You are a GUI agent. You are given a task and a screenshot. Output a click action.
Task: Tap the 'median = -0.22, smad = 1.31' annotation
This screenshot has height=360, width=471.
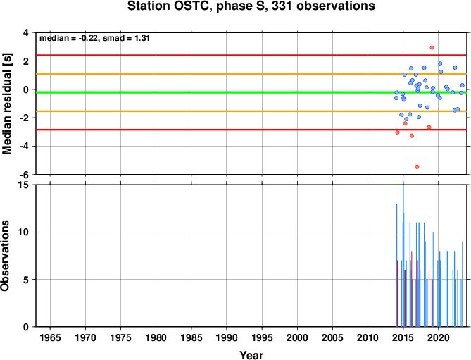pos(94,38)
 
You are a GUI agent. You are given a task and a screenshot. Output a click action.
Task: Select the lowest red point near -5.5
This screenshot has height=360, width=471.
pos(417,167)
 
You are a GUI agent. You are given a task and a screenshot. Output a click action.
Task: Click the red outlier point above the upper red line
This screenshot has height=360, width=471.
pos(432,47)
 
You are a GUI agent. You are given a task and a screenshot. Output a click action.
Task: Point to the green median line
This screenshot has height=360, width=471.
pos(251,92)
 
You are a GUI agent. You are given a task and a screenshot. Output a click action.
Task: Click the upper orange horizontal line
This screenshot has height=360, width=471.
pos(251,74)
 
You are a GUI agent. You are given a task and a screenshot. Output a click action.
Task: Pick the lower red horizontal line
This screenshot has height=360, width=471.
pos(251,130)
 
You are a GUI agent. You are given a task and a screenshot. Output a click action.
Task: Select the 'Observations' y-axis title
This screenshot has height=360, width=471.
pos(5,256)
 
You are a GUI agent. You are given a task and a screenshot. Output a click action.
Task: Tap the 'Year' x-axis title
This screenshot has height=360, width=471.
pos(251,355)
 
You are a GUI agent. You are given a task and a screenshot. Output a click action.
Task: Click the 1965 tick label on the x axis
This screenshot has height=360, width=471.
pos(50,337)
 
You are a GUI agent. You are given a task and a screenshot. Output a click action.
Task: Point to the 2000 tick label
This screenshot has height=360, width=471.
pos(297,337)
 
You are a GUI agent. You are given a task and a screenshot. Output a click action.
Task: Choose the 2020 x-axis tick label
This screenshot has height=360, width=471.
pos(439,337)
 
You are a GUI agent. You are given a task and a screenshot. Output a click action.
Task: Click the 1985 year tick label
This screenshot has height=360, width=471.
pos(191,337)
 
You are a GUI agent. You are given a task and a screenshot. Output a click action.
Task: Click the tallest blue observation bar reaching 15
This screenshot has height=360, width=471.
pos(403,256)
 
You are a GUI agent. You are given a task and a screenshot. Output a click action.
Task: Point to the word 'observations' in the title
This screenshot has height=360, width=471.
pos(336,6)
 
